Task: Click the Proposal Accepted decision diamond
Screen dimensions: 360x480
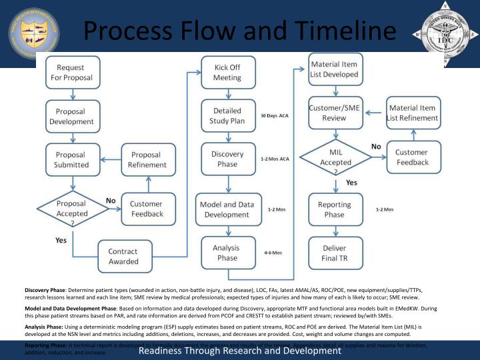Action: click(71, 209)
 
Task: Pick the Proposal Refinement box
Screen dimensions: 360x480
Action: click(148, 160)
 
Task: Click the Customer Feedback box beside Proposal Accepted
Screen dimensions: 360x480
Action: click(148, 209)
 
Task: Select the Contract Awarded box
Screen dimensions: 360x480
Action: click(123, 256)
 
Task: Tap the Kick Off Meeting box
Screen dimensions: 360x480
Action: click(228, 73)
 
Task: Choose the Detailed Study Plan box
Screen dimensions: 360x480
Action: click(228, 116)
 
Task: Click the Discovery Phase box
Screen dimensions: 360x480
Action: click(228, 159)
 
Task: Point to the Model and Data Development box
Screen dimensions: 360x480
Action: click(228, 209)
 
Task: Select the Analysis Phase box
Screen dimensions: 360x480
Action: click(228, 253)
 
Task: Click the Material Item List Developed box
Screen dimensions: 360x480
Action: click(335, 69)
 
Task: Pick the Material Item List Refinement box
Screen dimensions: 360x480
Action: click(413, 113)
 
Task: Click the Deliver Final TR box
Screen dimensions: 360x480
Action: click(335, 253)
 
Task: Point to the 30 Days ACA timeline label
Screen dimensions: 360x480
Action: click(275, 116)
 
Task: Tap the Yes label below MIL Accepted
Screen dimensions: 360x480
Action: click(351, 182)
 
